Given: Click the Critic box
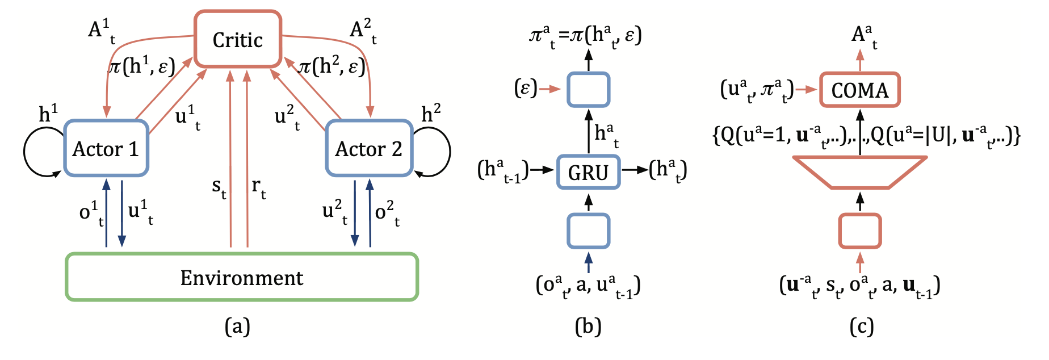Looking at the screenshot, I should click(238, 39).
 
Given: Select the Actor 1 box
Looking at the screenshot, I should click(106, 148).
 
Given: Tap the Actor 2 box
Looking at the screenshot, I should click(369, 148).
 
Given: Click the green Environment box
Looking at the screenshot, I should click(242, 277).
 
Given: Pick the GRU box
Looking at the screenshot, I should click(588, 171).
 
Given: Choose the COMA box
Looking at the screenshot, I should click(859, 90).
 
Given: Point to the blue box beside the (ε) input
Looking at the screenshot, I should click(589, 90).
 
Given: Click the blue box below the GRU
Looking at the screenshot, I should click(589, 231).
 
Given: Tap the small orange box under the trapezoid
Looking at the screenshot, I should click(859, 231).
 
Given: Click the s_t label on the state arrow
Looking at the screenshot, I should click(219, 187).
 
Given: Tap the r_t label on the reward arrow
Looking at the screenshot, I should click(258, 187).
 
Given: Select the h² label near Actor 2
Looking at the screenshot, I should click(431, 114).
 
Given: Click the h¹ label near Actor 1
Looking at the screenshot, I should click(48, 114).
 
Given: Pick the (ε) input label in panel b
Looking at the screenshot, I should click(525, 89).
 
